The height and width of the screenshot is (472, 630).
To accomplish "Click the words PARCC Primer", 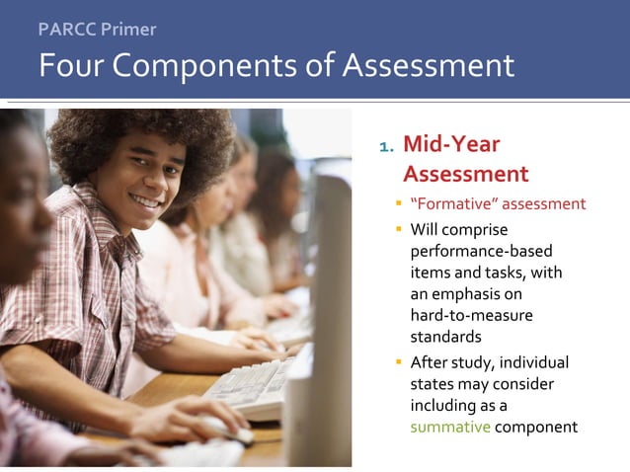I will pyautogui.click(x=97, y=29).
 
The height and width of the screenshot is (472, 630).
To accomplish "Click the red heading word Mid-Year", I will pyautogui.click(x=451, y=145).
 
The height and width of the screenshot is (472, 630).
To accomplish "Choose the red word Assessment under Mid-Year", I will pyautogui.click(x=466, y=175).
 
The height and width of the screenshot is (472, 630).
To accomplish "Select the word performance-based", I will pyautogui.click(x=481, y=251).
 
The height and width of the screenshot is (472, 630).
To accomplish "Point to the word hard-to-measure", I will pyautogui.click(x=471, y=315).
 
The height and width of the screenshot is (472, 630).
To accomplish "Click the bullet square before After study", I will pyautogui.click(x=399, y=361).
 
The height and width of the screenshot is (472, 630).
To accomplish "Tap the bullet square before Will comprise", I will pyautogui.click(x=399, y=230).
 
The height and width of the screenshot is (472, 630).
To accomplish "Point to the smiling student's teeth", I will pyautogui.click(x=147, y=200).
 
